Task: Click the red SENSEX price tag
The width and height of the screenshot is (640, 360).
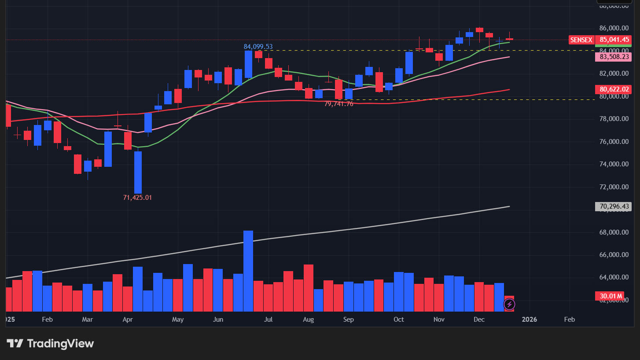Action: tap(581, 40)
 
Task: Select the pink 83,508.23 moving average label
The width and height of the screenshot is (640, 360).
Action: tap(613, 57)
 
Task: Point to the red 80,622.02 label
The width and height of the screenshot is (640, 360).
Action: tap(613, 89)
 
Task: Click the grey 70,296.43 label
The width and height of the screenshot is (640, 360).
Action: tap(613, 206)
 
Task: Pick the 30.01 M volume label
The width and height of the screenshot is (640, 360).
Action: tap(611, 296)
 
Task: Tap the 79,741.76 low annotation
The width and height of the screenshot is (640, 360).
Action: tap(338, 104)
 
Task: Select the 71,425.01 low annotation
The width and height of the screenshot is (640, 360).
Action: tap(137, 198)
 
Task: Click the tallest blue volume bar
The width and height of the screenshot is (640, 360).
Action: tap(248, 271)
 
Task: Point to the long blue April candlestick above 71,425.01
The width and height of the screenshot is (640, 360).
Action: tap(138, 172)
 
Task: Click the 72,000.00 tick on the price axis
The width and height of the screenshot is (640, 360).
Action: tap(613, 187)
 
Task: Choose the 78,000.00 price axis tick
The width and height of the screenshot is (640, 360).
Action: tap(613, 119)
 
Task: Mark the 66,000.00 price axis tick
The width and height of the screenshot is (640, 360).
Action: tap(613, 255)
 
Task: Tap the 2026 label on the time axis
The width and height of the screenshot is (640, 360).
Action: tap(529, 320)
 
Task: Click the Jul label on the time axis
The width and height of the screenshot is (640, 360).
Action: tap(269, 320)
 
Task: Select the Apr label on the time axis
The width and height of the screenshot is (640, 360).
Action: tap(128, 320)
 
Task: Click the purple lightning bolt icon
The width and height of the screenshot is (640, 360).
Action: tap(509, 304)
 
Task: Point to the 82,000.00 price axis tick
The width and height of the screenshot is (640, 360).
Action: tap(613, 73)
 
